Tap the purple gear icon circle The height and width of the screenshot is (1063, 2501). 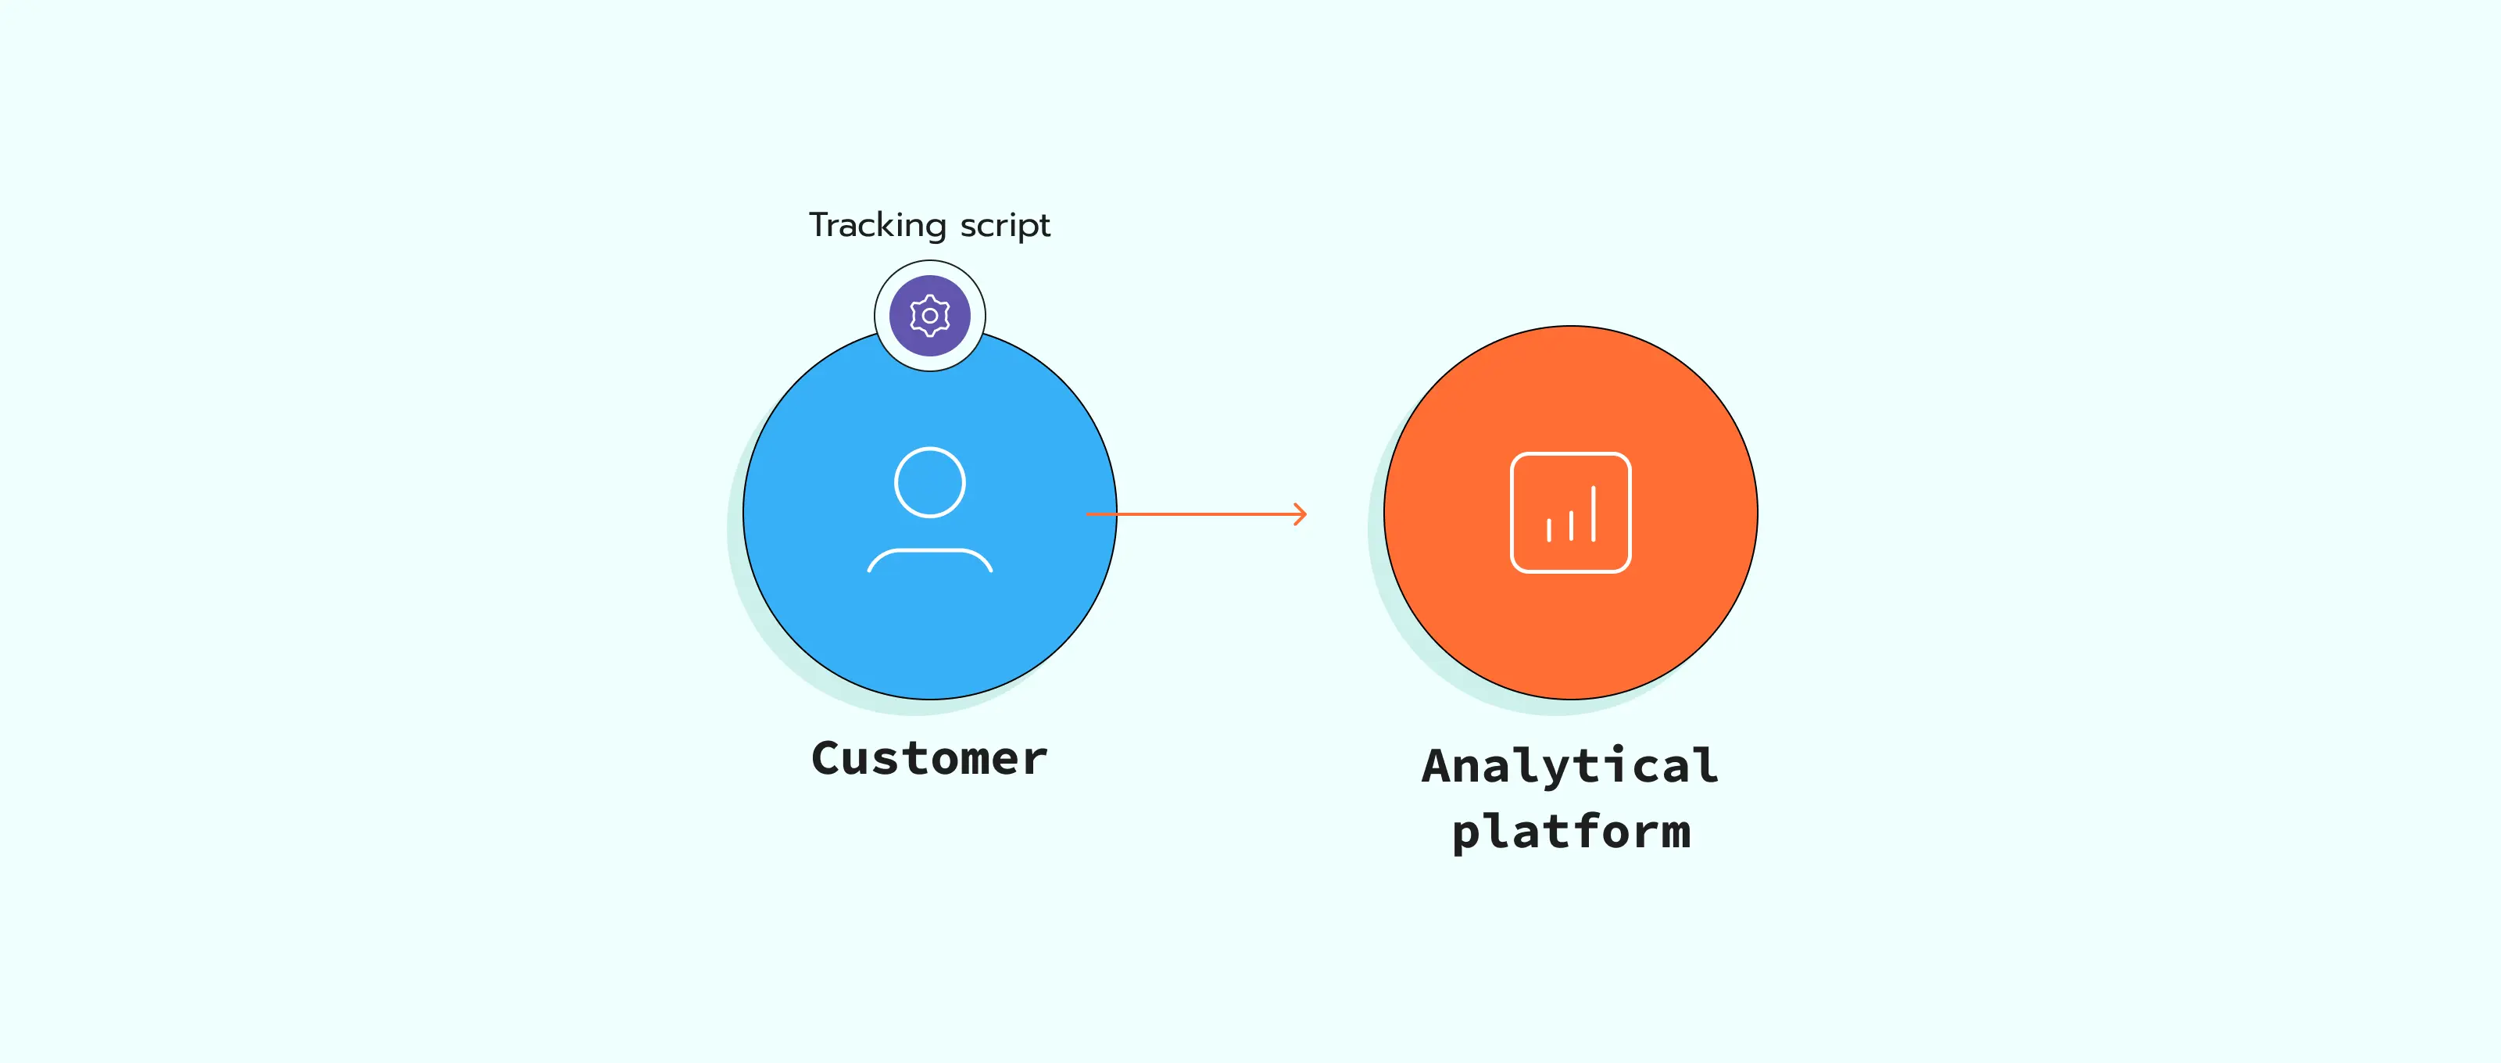coord(930,316)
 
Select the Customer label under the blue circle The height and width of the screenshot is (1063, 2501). coord(929,758)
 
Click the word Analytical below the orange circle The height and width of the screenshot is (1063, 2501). coord(1570,767)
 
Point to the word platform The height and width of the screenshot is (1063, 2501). coord(1570,832)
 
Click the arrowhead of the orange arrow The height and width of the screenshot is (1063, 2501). coord(1301,514)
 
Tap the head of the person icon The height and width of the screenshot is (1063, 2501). coord(930,482)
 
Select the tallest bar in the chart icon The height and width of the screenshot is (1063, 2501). coord(1594,514)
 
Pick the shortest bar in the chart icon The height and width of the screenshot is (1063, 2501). coord(1548,530)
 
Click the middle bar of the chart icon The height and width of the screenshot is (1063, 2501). coord(1571,525)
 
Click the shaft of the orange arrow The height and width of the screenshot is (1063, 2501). coord(1194,514)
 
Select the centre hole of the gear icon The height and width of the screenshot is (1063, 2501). coord(930,316)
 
